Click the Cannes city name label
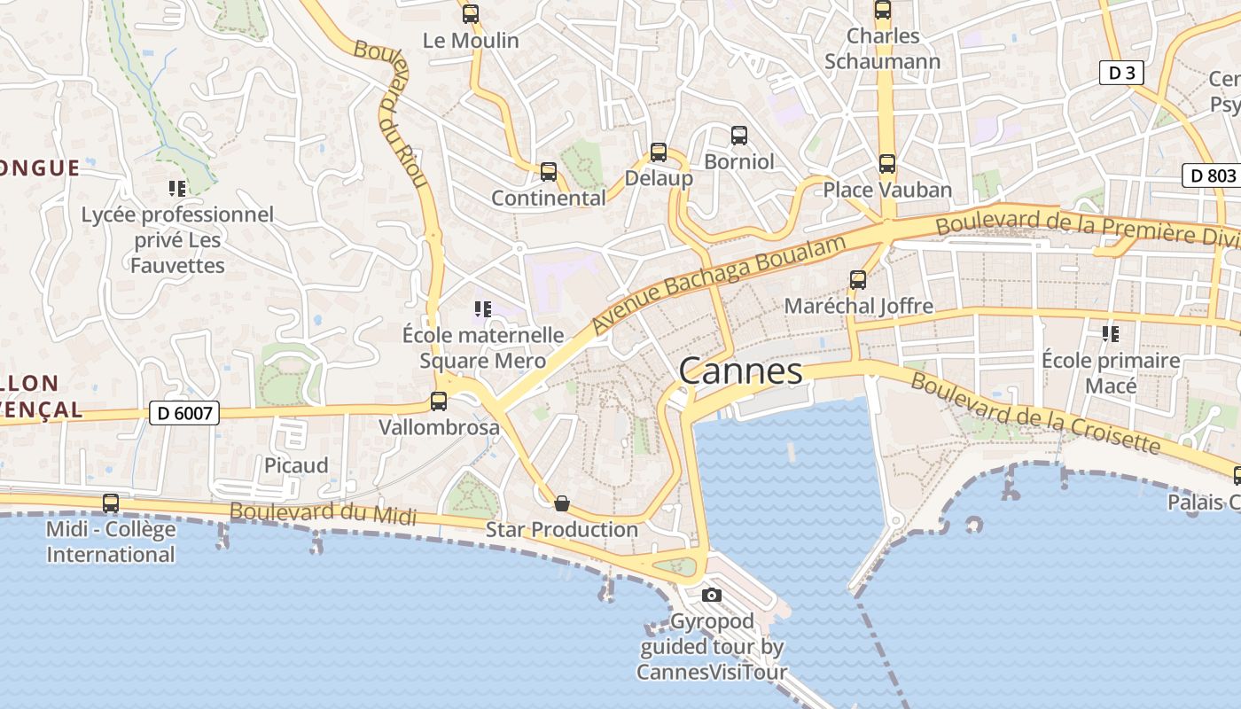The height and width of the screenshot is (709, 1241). tap(741, 371)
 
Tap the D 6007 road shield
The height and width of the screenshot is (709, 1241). tap(184, 413)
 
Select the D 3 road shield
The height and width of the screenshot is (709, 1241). tap(1121, 73)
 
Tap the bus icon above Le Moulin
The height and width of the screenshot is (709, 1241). tap(471, 14)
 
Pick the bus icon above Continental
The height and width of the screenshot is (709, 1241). tap(549, 172)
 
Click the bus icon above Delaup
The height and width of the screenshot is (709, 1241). tap(658, 152)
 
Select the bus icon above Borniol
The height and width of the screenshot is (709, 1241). tap(739, 136)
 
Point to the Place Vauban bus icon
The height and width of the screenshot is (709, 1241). tap(887, 164)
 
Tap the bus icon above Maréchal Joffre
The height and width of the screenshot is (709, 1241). tap(858, 280)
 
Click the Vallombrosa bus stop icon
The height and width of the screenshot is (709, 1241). tap(439, 401)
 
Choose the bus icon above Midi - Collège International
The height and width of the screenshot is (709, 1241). tap(111, 503)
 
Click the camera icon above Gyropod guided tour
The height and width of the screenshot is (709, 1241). tap(711, 595)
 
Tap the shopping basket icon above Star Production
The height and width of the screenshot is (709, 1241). tap(561, 504)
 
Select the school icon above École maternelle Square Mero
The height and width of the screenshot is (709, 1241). tap(483, 309)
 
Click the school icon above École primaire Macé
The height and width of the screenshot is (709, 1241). tap(1110, 334)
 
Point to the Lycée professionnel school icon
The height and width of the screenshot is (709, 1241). tap(177, 189)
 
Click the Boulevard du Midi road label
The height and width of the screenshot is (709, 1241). tap(323, 513)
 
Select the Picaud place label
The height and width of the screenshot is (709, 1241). tap(296, 465)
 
